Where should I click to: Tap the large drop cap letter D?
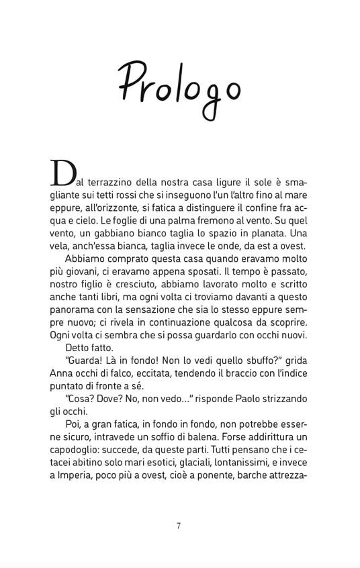pos(61,174)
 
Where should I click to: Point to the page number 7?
pos(179,526)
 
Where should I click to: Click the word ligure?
pos(231,182)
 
